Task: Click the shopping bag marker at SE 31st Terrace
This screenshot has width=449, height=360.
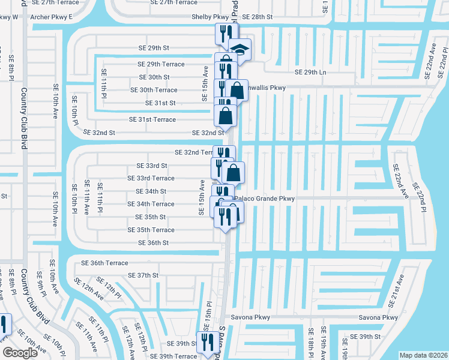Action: pos(225,115)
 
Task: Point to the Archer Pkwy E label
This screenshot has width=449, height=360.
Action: pos(50,17)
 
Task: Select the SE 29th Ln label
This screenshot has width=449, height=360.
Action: pos(310,72)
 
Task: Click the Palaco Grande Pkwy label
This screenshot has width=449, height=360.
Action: pos(265,198)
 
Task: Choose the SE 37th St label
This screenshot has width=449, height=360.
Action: pos(143,275)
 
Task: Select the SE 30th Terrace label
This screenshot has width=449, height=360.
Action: pos(154,90)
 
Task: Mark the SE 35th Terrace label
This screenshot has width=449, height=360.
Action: pos(151,230)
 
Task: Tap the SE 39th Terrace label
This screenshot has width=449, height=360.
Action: pos(169,356)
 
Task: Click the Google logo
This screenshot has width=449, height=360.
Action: pos(20,353)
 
